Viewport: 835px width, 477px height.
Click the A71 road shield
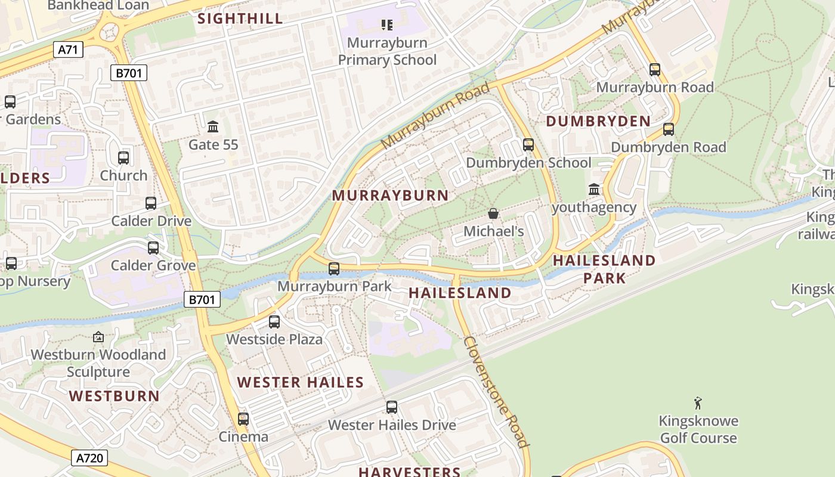[x=68, y=49]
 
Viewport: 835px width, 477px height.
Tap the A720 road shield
[x=90, y=458]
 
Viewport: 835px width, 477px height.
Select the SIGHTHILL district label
[x=240, y=18]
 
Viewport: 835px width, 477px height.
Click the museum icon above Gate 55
[x=213, y=126]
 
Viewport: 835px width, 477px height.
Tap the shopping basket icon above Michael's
[x=493, y=213]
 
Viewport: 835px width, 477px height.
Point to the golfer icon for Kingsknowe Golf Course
[x=698, y=404]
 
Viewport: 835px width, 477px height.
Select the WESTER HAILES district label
[x=301, y=382]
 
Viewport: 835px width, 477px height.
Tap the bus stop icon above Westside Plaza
[x=274, y=322]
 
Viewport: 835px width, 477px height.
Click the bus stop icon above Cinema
[x=243, y=419]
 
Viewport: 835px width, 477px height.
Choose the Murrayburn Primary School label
[x=387, y=51]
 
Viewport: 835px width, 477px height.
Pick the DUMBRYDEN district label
[x=598, y=121]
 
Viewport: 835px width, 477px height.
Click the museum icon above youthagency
[x=594, y=190]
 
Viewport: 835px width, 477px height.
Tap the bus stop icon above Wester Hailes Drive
[x=392, y=407]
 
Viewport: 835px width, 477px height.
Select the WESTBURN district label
[x=114, y=396]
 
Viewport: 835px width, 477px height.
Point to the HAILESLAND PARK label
[x=604, y=269]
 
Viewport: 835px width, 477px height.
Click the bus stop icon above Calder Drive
[x=151, y=203]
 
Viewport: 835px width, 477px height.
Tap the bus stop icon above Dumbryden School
[x=528, y=145]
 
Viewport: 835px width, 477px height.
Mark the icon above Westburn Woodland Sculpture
[x=98, y=337]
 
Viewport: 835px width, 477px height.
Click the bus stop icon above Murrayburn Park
[x=334, y=269]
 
